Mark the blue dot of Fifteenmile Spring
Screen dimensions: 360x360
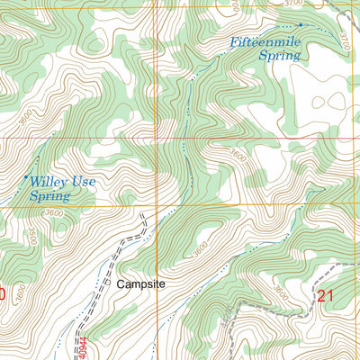pos(300,25)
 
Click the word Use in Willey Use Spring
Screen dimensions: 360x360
pos(78,181)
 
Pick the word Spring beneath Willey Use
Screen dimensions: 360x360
pos(50,194)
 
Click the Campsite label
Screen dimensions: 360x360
pos(142,283)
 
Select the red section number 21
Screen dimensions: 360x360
pos(326,294)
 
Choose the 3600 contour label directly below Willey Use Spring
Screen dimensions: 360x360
pos(52,212)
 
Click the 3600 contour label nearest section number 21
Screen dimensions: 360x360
pos(283,294)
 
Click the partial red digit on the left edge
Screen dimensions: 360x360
pos(3,294)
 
